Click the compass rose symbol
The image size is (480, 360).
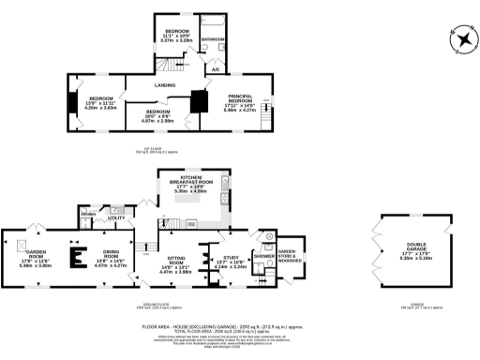pyautogui.click(x=462, y=40)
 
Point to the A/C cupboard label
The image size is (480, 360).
pyautogui.click(x=215, y=69)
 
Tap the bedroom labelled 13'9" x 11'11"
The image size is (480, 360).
pyautogui.click(x=100, y=102)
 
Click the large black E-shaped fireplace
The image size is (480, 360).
pyautogui.click(x=80, y=254)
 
